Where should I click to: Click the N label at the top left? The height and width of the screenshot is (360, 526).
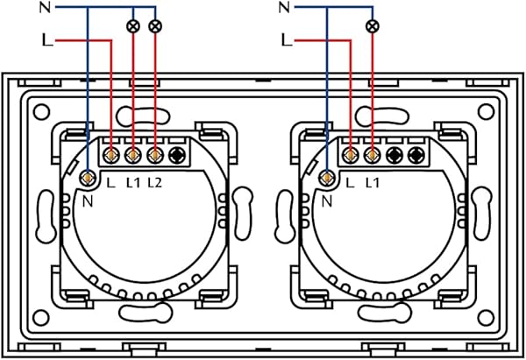pyautogui.click(x=46, y=9)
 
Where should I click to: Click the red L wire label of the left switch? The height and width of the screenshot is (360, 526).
pyautogui.click(x=46, y=40)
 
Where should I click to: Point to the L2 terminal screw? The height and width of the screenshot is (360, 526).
pyautogui.click(x=155, y=156)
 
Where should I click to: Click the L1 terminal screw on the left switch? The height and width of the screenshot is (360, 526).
pyautogui.click(x=133, y=156)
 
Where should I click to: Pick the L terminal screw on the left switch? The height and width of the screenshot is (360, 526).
pyautogui.click(x=111, y=156)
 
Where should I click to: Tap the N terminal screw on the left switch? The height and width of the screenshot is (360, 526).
pyautogui.click(x=88, y=178)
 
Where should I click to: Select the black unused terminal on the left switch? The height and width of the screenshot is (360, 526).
pyautogui.click(x=177, y=156)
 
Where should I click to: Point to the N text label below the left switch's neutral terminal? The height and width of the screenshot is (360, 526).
pyautogui.click(x=85, y=201)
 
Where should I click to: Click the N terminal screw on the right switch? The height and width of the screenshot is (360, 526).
pyautogui.click(x=327, y=178)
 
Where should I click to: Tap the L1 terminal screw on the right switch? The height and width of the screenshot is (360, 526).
pyautogui.click(x=373, y=156)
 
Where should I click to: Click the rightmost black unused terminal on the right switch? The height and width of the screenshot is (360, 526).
pyautogui.click(x=416, y=156)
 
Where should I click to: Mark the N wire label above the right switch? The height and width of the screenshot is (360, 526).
pyautogui.click(x=283, y=9)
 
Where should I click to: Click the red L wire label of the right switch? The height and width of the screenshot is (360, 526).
pyautogui.click(x=285, y=40)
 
